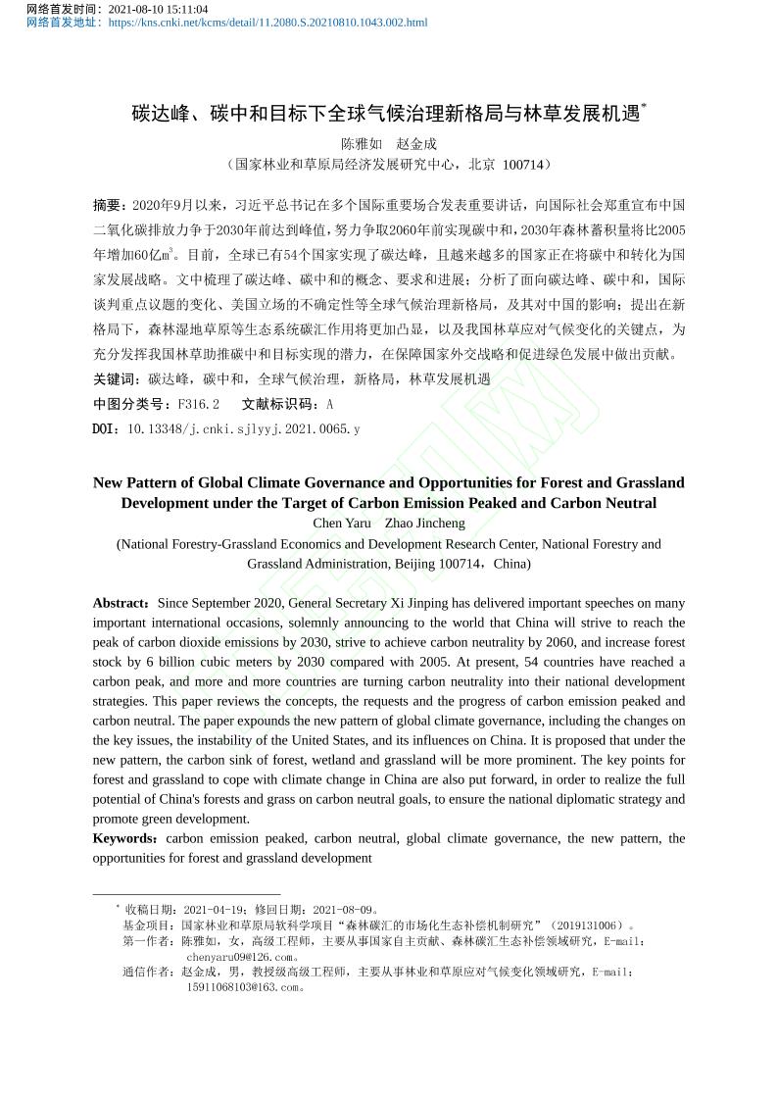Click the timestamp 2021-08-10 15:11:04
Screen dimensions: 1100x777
click(158, 9)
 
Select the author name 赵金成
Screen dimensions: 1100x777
click(416, 143)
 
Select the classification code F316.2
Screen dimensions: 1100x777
click(195, 404)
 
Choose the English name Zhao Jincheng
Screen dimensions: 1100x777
click(425, 523)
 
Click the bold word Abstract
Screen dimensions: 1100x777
click(121, 603)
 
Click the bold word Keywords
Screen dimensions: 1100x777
click(124, 838)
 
